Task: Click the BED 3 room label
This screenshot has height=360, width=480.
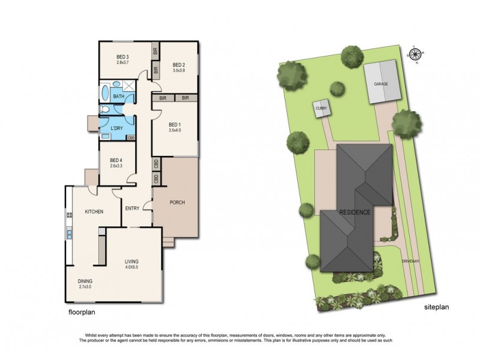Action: point(122,57)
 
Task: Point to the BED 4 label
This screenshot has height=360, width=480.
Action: point(116,160)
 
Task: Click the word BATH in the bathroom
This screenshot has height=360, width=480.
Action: point(118,95)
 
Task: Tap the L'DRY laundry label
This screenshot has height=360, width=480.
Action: point(117,128)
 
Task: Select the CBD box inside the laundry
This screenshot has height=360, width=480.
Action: point(130,139)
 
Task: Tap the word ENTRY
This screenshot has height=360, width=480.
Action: point(132,209)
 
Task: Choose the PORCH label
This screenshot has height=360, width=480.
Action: point(176,202)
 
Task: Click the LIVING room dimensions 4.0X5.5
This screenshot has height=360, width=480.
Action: point(131,268)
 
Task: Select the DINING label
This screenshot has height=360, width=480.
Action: point(85,280)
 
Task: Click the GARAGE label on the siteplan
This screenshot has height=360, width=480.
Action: point(382,85)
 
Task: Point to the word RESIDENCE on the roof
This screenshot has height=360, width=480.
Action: point(356,212)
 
